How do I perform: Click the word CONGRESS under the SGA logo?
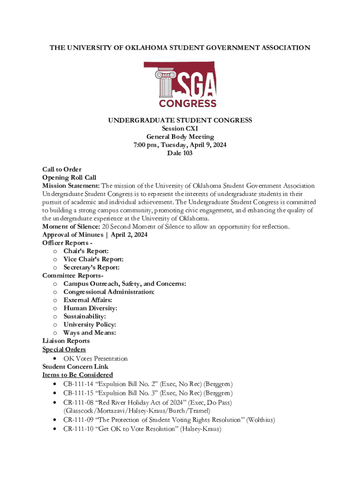[187, 103]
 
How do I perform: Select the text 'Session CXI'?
[180, 129]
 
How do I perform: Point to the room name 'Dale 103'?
[180, 153]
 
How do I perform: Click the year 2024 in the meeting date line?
[218, 145]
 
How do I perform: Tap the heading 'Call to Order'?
[62, 169]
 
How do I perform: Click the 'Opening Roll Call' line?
[69, 178]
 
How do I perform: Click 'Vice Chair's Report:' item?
[94, 259]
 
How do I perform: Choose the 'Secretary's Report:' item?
[92, 268]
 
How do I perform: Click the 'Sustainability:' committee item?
[85, 316]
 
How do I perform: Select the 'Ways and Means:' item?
[90, 333]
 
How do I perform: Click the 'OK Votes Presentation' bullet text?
[95, 358]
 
